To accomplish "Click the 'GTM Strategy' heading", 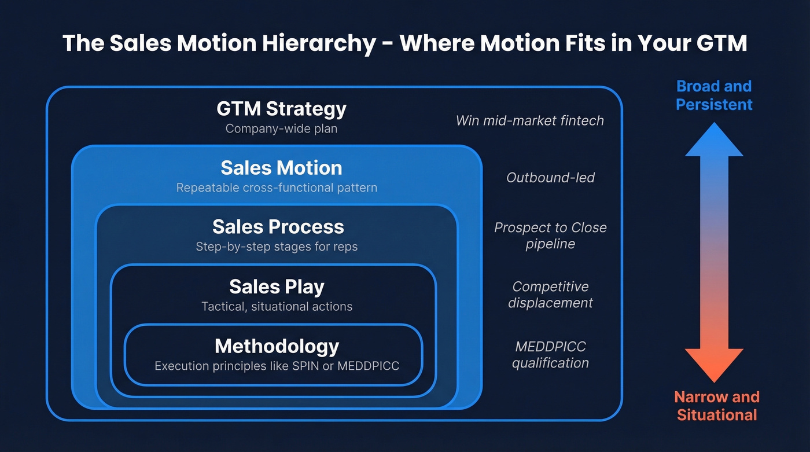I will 281,109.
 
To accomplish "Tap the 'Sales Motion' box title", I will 281,168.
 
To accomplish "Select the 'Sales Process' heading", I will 278,227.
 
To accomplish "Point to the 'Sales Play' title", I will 277,286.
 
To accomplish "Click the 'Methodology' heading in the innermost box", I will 277,346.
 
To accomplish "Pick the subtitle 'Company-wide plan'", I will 281,128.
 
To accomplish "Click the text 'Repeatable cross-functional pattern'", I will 277,188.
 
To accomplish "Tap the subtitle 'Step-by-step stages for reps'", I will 277,247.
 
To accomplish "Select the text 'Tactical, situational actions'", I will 277,306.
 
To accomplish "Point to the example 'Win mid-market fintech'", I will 529,120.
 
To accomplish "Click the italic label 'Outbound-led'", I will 550,178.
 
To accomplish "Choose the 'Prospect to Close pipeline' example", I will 550,236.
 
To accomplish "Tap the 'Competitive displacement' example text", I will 550,295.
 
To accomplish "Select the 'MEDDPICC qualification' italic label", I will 550,355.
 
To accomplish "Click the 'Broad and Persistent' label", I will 714,95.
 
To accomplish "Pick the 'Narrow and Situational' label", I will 716,406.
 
